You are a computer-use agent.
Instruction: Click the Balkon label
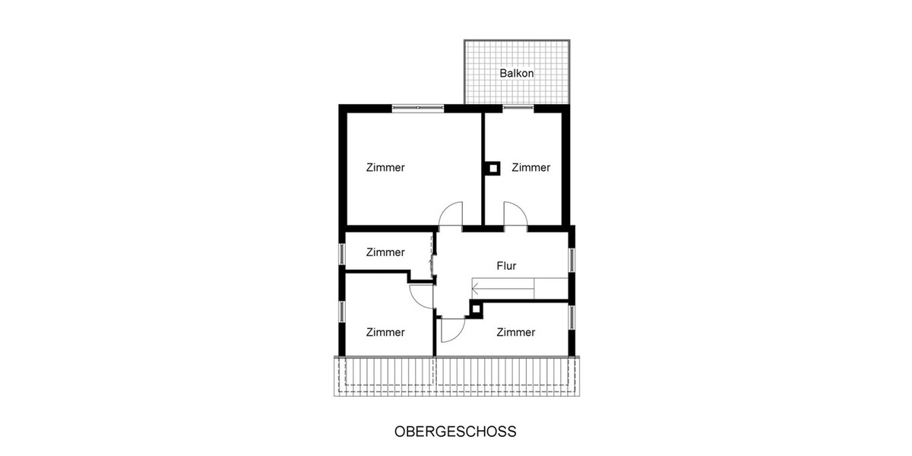click(517, 74)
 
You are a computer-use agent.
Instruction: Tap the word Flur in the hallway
click(506, 266)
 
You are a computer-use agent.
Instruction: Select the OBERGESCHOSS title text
click(455, 432)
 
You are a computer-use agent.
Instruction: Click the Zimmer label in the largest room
click(385, 168)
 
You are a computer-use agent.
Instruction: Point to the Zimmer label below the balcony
click(530, 168)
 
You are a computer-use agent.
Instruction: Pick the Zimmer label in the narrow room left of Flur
click(385, 252)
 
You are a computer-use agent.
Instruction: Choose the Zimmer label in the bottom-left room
click(385, 332)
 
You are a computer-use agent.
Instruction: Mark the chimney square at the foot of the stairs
click(477, 308)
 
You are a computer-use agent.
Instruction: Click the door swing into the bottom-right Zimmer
click(451, 328)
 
